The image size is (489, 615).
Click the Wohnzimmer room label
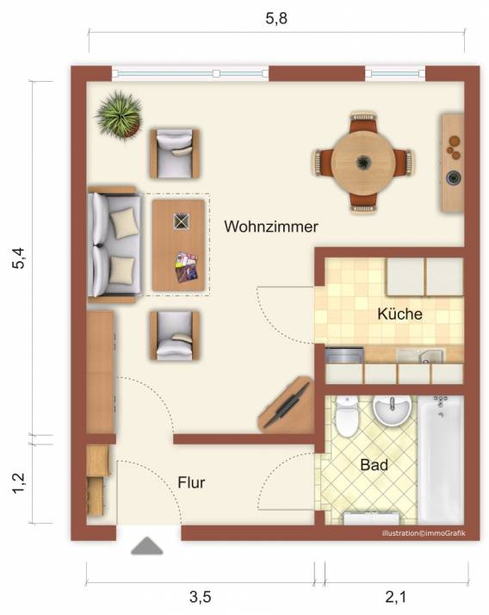(x=271, y=227)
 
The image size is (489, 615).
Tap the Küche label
(x=399, y=314)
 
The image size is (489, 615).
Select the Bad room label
(x=374, y=465)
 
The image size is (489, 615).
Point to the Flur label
(x=191, y=482)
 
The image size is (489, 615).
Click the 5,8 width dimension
(x=276, y=18)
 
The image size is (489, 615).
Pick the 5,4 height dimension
(x=18, y=258)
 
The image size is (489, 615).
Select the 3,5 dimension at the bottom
(x=201, y=597)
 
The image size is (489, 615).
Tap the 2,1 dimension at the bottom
(x=396, y=597)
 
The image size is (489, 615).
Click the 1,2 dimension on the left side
(x=18, y=483)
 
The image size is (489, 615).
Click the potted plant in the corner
(x=119, y=115)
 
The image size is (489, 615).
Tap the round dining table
(x=363, y=162)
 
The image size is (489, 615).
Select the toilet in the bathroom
(x=347, y=416)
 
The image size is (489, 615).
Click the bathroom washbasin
(x=392, y=409)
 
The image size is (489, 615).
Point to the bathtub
(x=441, y=459)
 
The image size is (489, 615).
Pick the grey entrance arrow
(x=146, y=545)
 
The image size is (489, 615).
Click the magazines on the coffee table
(x=186, y=268)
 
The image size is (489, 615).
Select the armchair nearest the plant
(x=175, y=153)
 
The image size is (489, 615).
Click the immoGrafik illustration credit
(x=424, y=533)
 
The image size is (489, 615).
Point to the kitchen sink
(x=421, y=356)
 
